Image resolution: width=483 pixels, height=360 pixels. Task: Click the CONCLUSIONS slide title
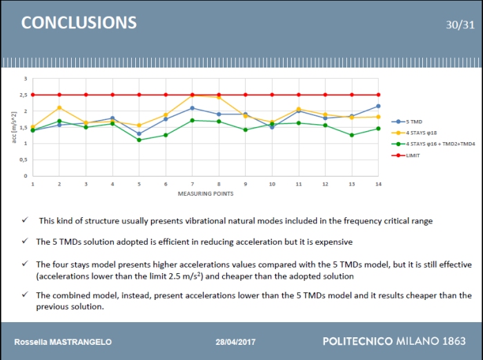[x=79, y=22]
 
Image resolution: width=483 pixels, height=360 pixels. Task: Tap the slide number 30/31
[x=460, y=25]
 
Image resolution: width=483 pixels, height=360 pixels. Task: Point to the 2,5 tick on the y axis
[x=24, y=94]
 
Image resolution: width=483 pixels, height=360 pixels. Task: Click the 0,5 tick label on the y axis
[x=24, y=159]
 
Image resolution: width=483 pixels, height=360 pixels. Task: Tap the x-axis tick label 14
[x=378, y=184]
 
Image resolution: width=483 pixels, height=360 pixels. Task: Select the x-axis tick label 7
[x=192, y=184]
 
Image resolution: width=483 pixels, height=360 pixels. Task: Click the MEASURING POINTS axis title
[x=205, y=194]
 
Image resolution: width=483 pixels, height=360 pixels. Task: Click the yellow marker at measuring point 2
[x=59, y=108]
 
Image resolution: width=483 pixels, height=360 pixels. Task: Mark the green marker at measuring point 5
[x=139, y=140]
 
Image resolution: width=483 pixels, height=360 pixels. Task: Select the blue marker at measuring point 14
[x=378, y=106]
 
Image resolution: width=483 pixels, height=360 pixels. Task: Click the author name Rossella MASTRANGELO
[x=63, y=343]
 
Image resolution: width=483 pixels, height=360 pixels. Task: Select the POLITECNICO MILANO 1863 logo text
[x=393, y=341]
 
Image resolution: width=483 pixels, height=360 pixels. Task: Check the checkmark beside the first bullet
[x=25, y=221]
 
